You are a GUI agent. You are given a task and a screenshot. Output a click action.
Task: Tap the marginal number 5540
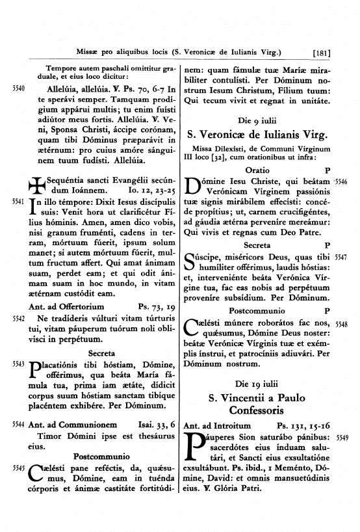18,88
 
